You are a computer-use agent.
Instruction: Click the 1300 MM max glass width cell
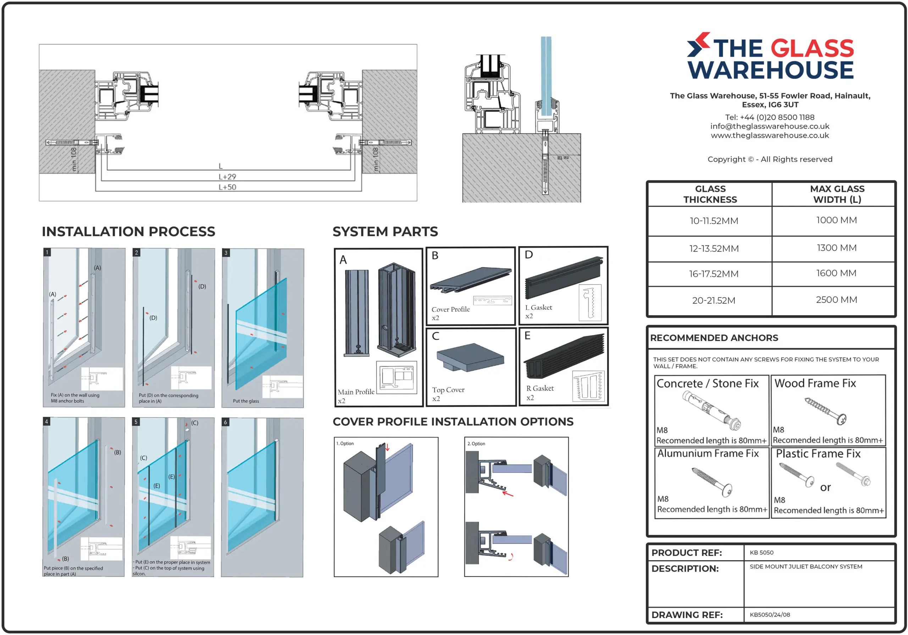pyautogui.click(x=836, y=248)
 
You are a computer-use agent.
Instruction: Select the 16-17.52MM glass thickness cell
pyautogui.click(x=713, y=274)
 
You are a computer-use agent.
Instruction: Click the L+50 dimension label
pyautogui.click(x=227, y=187)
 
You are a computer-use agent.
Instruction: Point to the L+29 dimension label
pyautogui.click(x=227, y=177)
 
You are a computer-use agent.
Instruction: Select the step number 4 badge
pyautogui.click(x=47, y=422)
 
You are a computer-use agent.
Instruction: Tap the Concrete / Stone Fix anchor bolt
pyautogui.click(x=711, y=411)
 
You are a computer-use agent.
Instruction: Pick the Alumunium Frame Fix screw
pyautogui.click(x=712, y=481)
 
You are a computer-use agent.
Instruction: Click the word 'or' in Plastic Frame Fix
pyautogui.click(x=825, y=488)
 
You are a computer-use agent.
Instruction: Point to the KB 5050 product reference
pyautogui.click(x=761, y=552)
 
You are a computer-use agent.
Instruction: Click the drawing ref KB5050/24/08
pyautogui.click(x=770, y=614)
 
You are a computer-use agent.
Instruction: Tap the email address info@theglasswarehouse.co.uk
pyautogui.click(x=770, y=126)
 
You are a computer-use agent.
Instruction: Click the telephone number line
pyautogui.click(x=770, y=117)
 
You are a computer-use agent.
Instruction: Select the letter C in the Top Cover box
pyautogui.click(x=436, y=336)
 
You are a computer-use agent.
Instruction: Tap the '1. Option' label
pyautogui.click(x=345, y=443)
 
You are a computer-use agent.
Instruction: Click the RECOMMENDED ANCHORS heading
pyautogui.click(x=714, y=338)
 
